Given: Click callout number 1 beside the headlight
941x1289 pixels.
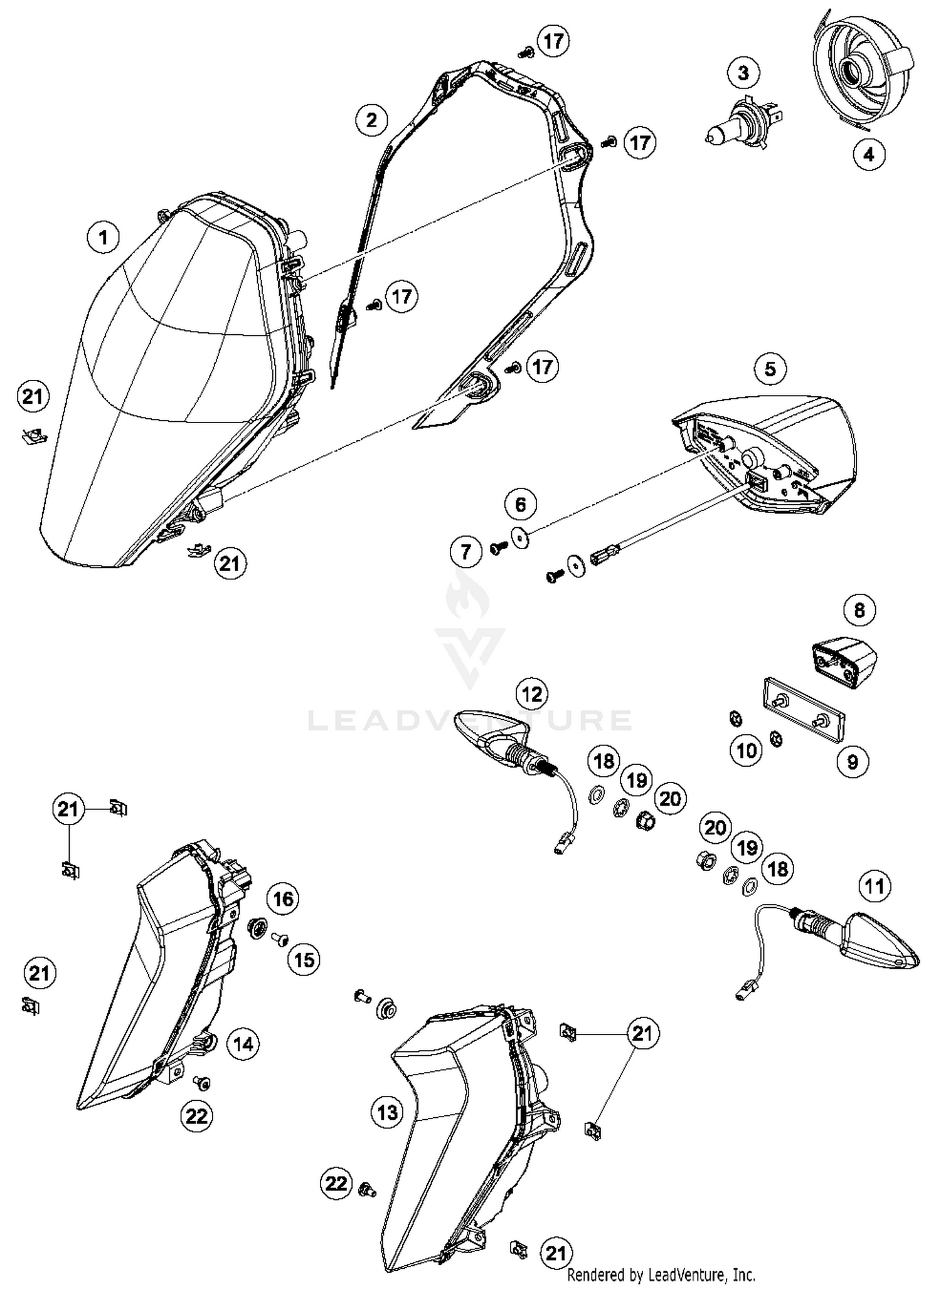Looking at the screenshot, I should [104, 238].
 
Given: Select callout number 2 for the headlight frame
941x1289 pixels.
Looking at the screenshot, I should [371, 119].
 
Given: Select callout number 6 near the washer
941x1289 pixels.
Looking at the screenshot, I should [521, 503].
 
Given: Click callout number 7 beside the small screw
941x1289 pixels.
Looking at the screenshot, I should [466, 551].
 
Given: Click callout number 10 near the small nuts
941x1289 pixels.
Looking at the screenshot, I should [747, 750].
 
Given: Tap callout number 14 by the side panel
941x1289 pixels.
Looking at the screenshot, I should [243, 1044].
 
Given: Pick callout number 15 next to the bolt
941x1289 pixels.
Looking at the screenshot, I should [304, 960].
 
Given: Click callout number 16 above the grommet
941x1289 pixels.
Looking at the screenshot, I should [283, 899].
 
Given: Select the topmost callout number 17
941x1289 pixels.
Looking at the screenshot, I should [553, 41].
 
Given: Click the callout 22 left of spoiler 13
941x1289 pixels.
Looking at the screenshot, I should [336, 1183].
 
